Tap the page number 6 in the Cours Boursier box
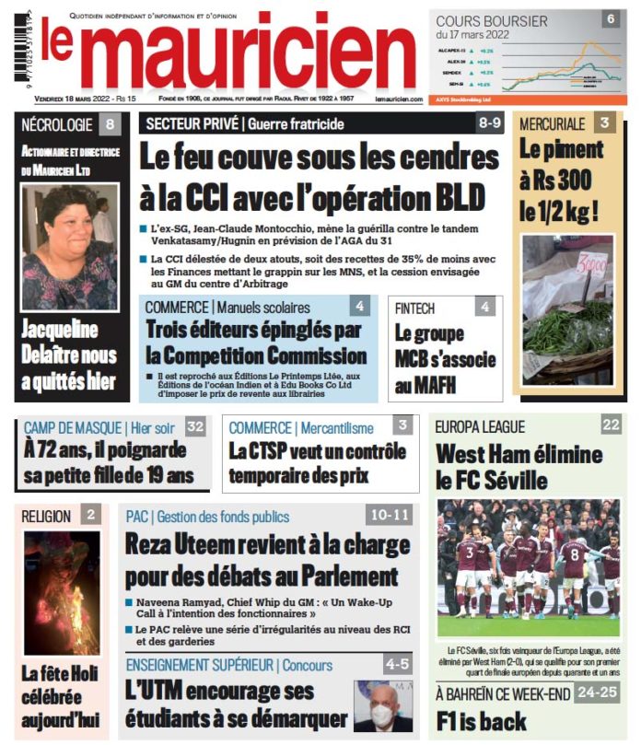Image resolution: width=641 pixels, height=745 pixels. [611, 18]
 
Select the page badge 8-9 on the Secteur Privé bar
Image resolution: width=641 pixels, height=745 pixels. [488, 123]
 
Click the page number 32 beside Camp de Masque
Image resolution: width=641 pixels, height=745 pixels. [194, 426]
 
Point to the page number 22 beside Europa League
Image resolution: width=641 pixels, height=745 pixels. [611, 425]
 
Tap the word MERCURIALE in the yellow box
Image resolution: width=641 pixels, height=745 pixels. [552, 123]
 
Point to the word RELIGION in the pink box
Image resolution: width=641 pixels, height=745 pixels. [47, 516]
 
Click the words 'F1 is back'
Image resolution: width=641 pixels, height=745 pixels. [482, 718]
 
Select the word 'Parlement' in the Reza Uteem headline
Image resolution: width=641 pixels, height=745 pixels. [336, 577]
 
